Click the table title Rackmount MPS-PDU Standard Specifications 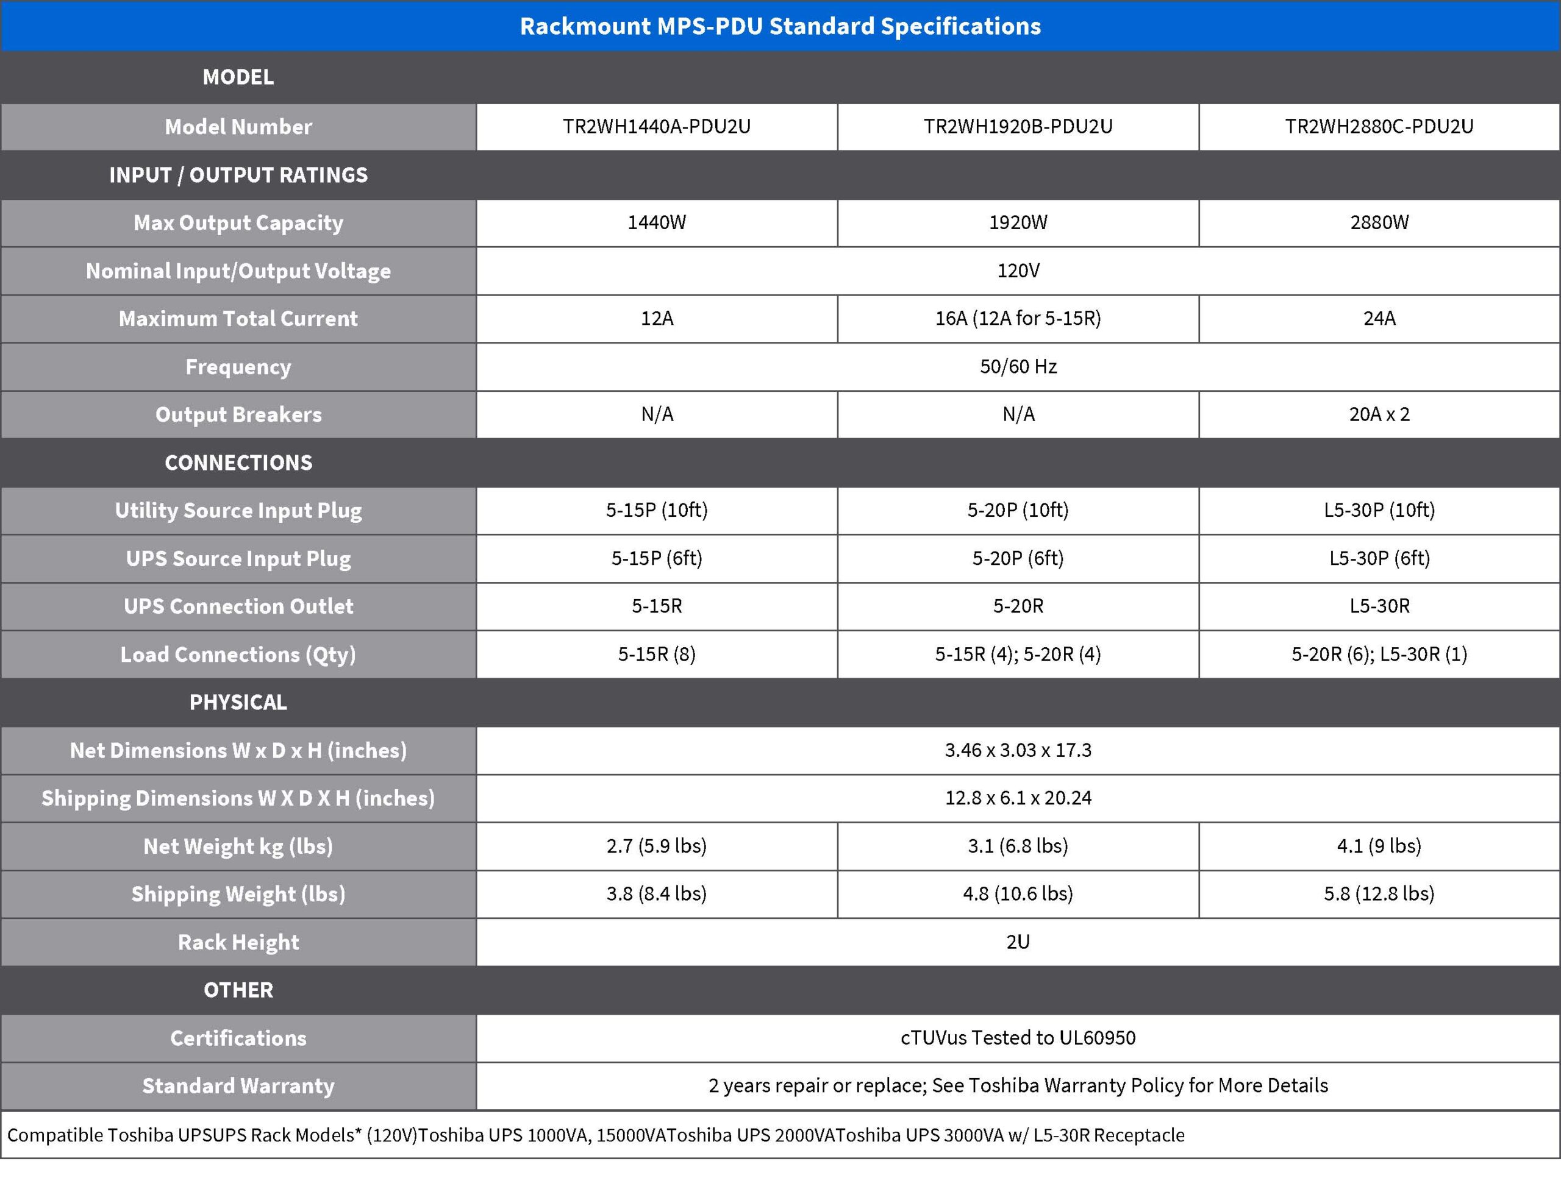(x=780, y=26)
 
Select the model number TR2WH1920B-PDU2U (x=1017, y=126)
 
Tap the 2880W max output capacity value (x=1379, y=223)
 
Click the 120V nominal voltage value (x=1017, y=271)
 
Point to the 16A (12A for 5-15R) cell (x=1017, y=319)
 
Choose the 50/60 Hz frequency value (x=1017, y=366)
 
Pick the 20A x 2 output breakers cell (x=1379, y=414)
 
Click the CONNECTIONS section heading (x=238, y=463)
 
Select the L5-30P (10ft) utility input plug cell (x=1379, y=510)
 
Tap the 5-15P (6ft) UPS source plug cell (x=657, y=558)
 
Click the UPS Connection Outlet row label (x=238, y=606)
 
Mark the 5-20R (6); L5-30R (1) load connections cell (x=1379, y=654)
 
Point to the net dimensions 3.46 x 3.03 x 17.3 (x=1017, y=750)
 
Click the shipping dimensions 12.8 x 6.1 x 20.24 (x=1017, y=798)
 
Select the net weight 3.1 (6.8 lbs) (x=1017, y=846)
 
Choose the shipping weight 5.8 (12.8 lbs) (x=1379, y=893)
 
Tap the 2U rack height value (x=1017, y=942)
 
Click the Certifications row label (x=238, y=1038)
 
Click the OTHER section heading (x=238, y=990)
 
